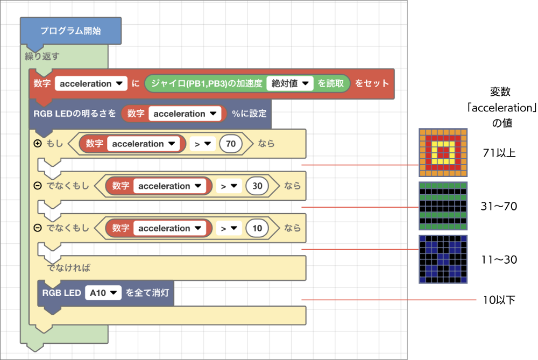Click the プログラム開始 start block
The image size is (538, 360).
click(70, 31)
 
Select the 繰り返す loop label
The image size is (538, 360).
click(42, 56)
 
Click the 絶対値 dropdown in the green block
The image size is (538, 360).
click(290, 83)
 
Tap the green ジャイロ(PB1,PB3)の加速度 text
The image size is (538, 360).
click(207, 83)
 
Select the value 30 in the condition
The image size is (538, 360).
click(257, 186)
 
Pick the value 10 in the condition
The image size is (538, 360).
click(257, 228)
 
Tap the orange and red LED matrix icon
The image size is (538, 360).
click(443, 153)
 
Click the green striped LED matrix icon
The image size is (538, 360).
click(443, 206)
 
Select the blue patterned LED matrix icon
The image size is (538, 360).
click(443, 259)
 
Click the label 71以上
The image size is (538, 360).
click(499, 153)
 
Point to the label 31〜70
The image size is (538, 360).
click(499, 206)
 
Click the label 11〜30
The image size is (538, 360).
click(499, 259)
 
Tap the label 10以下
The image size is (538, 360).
click(499, 300)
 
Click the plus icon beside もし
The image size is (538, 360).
click(38, 144)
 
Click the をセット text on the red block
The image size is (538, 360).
click(372, 83)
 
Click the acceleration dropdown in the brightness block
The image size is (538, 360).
click(185, 114)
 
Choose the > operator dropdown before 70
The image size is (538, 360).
click(202, 144)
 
